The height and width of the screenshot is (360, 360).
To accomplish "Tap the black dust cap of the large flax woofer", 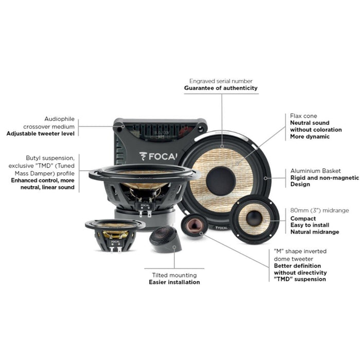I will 221,180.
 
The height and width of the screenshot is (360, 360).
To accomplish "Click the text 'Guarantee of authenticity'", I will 221,88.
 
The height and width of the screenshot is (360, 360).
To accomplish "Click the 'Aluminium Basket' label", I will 315,170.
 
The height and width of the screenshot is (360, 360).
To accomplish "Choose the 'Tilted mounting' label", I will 174,275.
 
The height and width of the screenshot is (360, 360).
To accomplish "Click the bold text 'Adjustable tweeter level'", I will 41,133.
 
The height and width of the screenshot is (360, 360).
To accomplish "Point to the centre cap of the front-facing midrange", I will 254,218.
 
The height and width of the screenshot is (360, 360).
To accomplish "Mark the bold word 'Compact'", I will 303,218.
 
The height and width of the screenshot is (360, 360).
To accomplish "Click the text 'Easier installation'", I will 174,282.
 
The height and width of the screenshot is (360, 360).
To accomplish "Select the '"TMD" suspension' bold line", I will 299,279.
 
